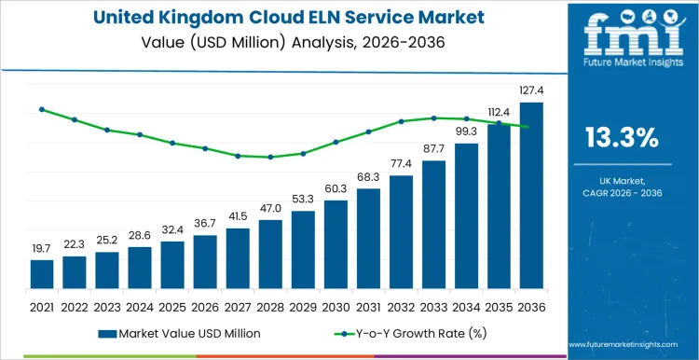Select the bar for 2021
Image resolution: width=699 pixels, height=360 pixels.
pos(42,274)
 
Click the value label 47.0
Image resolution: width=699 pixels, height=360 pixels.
pos(270,208)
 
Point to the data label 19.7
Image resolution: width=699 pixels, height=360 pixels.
pos(42,248)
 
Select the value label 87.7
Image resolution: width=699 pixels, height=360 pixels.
pos(433,149)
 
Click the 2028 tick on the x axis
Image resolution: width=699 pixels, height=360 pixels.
pos(270,306)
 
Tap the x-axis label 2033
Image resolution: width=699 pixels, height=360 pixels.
pos(433,306)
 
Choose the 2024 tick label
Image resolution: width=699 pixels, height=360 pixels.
pos(140,306)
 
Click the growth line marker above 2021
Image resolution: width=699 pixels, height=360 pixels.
pos(42,109)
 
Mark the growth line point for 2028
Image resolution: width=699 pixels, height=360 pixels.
pos(270,157)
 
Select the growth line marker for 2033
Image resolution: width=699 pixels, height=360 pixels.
pos(433,118)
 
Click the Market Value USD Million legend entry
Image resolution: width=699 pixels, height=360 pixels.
pos(185,333)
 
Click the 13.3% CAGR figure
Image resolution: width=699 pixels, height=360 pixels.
pos(622,138)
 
